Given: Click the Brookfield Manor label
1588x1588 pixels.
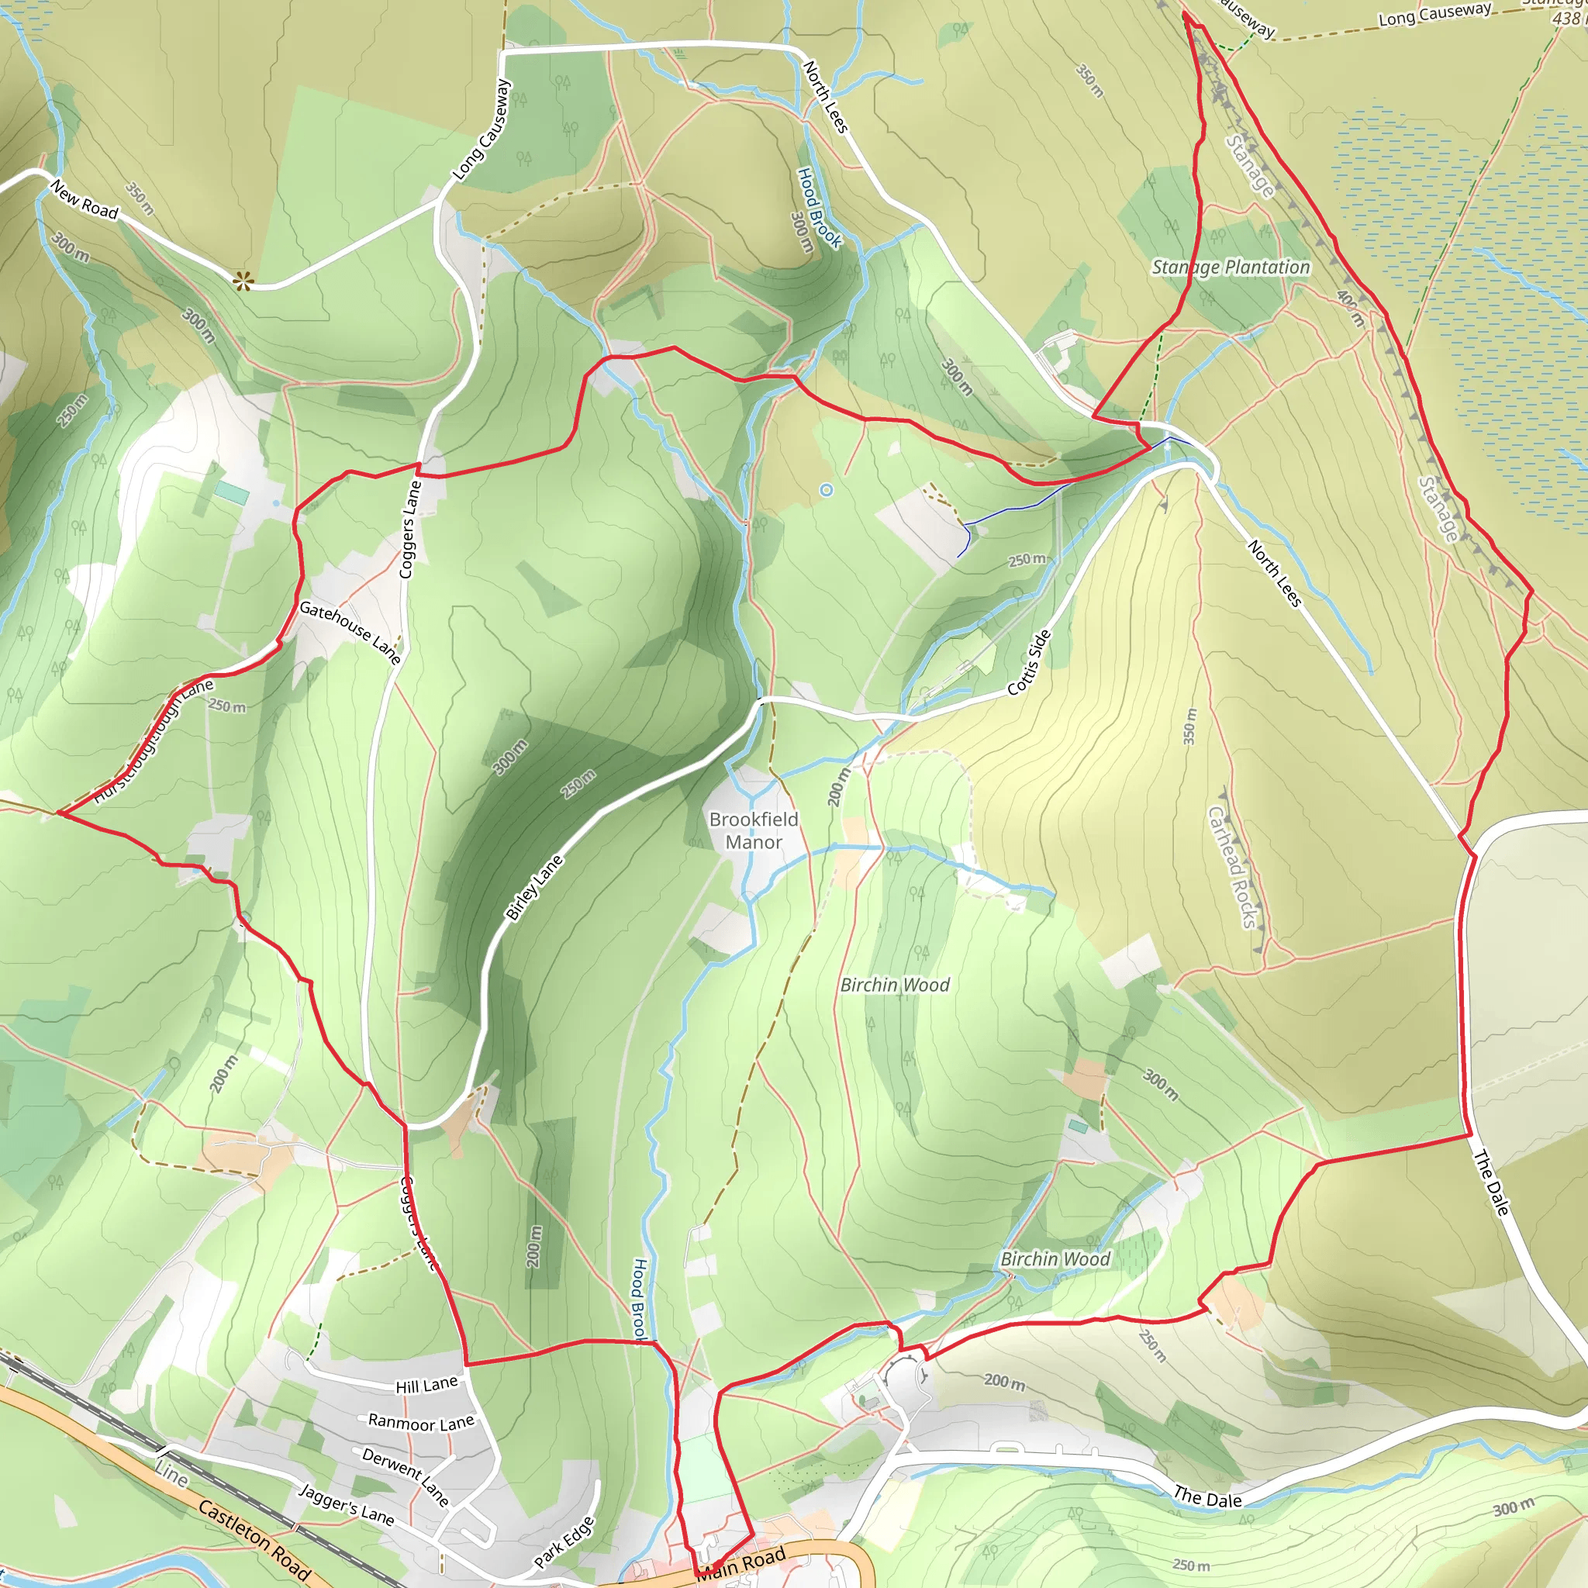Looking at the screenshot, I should click(754, 830).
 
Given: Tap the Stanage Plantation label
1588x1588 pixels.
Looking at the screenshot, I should click(1231, 268).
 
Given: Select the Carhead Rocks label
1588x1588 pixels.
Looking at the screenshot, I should click(1233, 866).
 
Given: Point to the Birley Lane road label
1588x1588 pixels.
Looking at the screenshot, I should click(534, 887).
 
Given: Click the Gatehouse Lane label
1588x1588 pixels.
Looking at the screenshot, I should click(350, 632).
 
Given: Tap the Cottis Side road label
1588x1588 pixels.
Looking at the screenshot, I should click(1029, 662).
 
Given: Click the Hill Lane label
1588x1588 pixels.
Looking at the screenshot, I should click(426, 1385).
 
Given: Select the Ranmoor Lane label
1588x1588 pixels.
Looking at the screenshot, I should click(421, 1421).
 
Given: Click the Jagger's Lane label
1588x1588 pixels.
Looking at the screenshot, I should click(347, 1503).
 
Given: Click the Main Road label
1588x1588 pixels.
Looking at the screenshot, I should click(742, 1564).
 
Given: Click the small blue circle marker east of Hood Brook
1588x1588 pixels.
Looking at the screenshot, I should click(827, 490).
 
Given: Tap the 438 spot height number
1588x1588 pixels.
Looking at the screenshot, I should click(1566, 18).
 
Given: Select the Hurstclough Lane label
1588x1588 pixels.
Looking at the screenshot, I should click(153, 740).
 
